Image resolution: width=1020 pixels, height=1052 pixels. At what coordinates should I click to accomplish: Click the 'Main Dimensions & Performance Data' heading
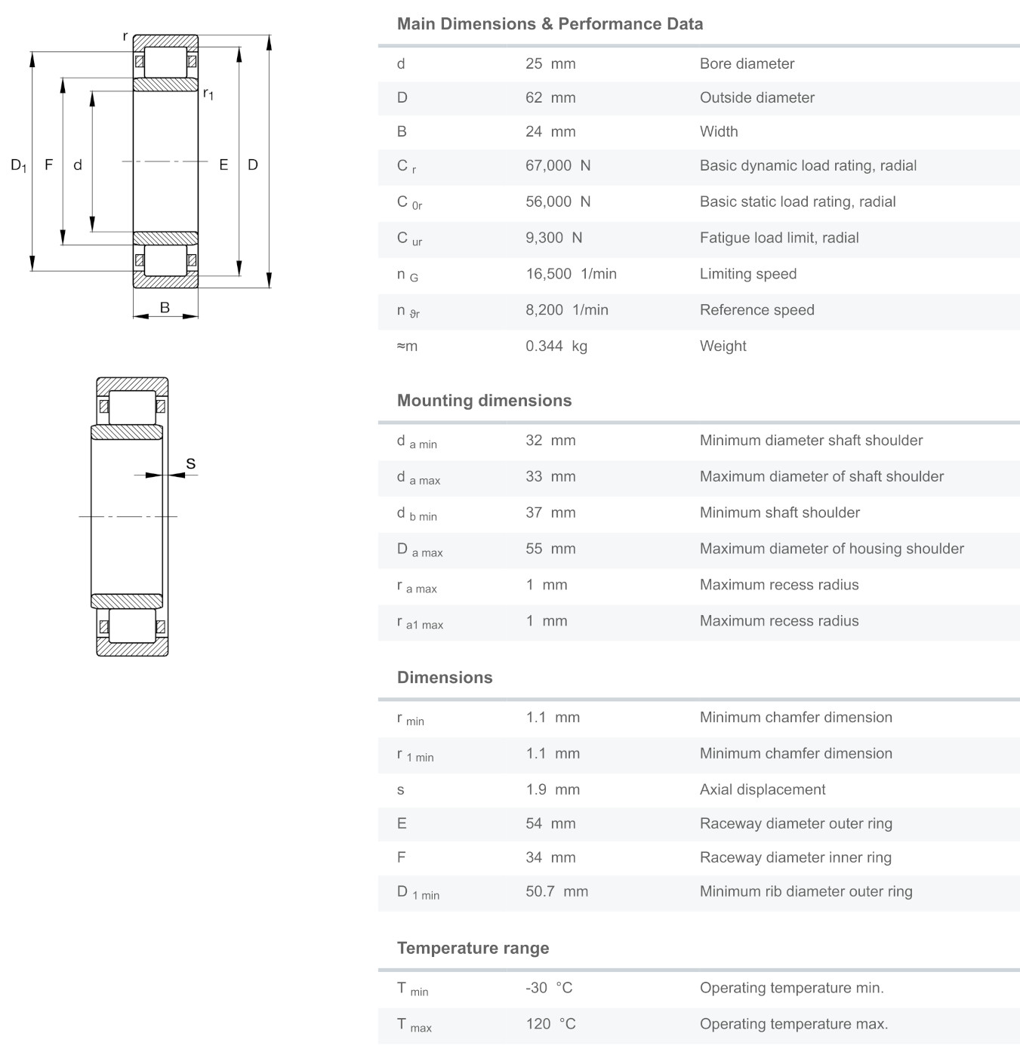(550, 24)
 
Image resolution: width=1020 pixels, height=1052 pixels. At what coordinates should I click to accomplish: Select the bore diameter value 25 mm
(550, 64)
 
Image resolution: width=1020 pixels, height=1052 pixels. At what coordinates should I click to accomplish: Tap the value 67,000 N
(558, 166)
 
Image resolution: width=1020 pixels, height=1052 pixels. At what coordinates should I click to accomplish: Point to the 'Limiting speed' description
(747, 274)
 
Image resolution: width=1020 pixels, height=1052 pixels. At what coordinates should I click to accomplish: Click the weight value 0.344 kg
(556, 346)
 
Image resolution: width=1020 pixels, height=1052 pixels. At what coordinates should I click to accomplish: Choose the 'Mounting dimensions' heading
(484, 401)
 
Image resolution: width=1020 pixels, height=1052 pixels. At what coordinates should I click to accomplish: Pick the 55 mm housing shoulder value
(550, 549)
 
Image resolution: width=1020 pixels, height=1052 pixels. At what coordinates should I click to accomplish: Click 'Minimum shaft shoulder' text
(779, 513)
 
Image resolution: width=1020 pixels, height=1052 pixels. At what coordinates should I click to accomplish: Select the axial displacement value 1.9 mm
(553, 790)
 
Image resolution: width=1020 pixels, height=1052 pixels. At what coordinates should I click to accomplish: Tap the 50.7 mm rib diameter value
(556, 892)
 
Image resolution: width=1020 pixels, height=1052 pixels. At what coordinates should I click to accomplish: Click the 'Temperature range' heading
(473, 949)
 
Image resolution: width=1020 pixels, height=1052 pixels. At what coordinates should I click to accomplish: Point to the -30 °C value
(549, 989)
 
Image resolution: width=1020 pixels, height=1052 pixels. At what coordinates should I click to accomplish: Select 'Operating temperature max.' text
(794, 1025)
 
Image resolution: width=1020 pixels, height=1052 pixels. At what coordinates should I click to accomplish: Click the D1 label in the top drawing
(19, 165)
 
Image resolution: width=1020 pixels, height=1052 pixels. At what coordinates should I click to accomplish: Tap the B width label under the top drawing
(165, 308)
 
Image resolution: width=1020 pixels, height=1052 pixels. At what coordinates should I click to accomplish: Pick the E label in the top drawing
(223, 165)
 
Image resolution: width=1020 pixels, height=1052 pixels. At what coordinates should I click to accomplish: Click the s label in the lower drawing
(190, 463)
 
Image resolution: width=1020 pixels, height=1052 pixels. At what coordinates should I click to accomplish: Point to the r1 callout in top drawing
(208, 94)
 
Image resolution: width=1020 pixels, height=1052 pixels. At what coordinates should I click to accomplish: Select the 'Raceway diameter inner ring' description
(795, 858)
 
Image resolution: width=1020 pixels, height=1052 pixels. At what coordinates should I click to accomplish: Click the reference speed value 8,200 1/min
(566, 310)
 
